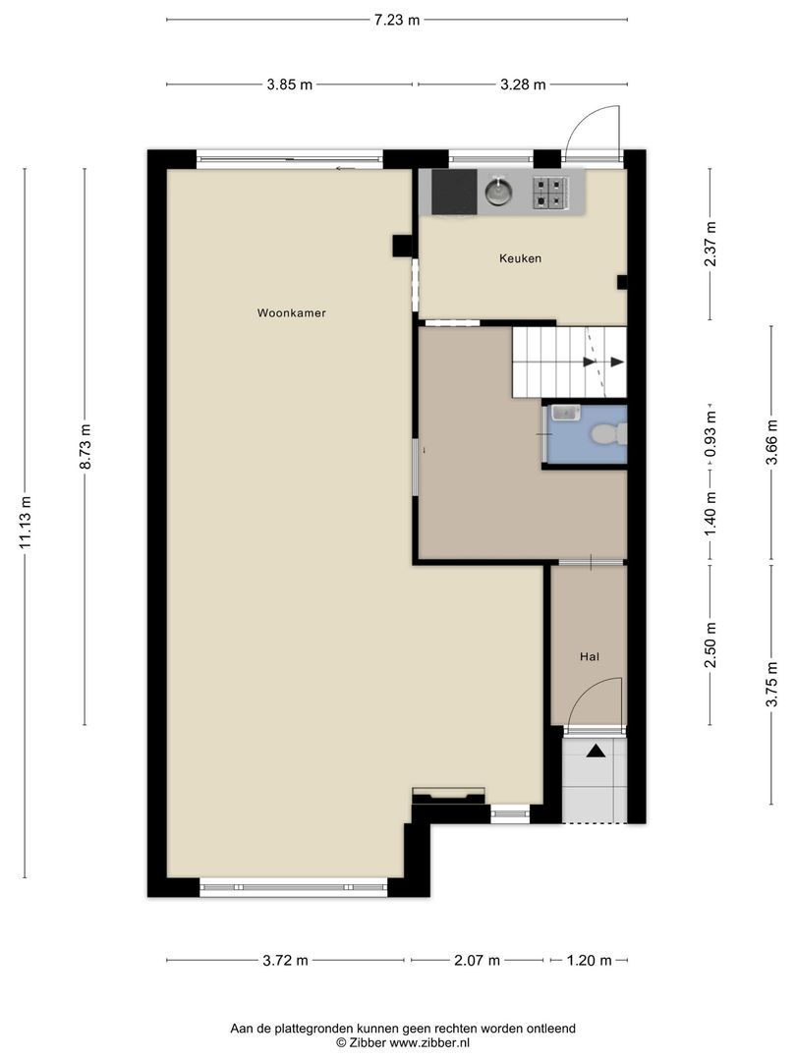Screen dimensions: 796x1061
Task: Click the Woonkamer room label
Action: (291, 313)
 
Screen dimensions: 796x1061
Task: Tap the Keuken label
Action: (520, 258)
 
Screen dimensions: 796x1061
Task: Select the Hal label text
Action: (590, 656)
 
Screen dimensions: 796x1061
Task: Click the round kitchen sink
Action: (499, 191)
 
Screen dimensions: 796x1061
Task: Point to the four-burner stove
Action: (549, 192)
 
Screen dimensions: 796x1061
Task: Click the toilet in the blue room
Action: (608, 434)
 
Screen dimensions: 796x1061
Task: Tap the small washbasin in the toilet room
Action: (565, 412)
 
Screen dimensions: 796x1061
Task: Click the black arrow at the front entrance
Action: (596, 751)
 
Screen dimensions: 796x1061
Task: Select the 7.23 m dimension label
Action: (397, 20)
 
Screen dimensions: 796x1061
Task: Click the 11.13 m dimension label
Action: (25, 522)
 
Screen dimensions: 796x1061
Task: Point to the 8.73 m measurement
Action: (85, 447)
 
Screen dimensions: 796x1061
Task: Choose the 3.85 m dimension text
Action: (290, 84)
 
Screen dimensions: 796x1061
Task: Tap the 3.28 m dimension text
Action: (523, 84)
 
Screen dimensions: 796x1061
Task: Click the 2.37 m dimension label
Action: (711, 245)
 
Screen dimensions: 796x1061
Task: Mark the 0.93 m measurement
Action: (711, 434)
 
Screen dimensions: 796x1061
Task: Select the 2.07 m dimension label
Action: (477, 960)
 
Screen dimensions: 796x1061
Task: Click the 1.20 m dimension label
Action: (589, 960)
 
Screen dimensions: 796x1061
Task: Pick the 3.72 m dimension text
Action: (285, 960)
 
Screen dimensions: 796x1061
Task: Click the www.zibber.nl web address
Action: (429, 1042)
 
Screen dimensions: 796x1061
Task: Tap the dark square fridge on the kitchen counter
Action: (454, 192)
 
